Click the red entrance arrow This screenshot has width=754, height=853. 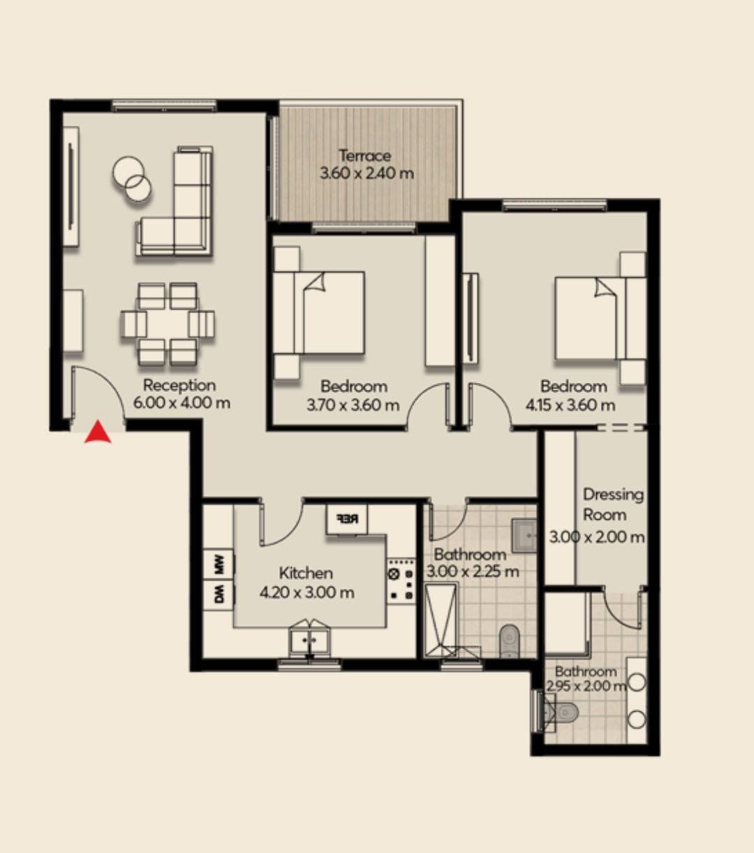click(98, 432)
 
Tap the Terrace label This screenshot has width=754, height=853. click(365, 156)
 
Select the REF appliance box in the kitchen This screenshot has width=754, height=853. click(347, 519)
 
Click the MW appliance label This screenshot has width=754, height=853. click(219, 564)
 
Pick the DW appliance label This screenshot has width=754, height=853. click(219, 595)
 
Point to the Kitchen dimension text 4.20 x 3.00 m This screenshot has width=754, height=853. click(306, 593)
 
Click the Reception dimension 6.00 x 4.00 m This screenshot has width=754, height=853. click(182, 403)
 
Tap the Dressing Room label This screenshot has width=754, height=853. click(613, 504)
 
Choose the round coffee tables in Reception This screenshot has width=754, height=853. click(132, 179)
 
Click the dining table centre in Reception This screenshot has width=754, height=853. click(168, 323)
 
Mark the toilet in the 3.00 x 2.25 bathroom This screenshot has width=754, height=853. click(510, 641)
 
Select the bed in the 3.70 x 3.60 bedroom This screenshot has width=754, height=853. click(319, 312)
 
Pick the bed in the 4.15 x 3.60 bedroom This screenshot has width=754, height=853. click(601, 318)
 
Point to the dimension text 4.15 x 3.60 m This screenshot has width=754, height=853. click(570, 405)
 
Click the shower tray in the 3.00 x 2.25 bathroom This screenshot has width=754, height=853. click(441, 620)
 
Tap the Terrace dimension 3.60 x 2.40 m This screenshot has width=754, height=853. click(367, 173)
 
